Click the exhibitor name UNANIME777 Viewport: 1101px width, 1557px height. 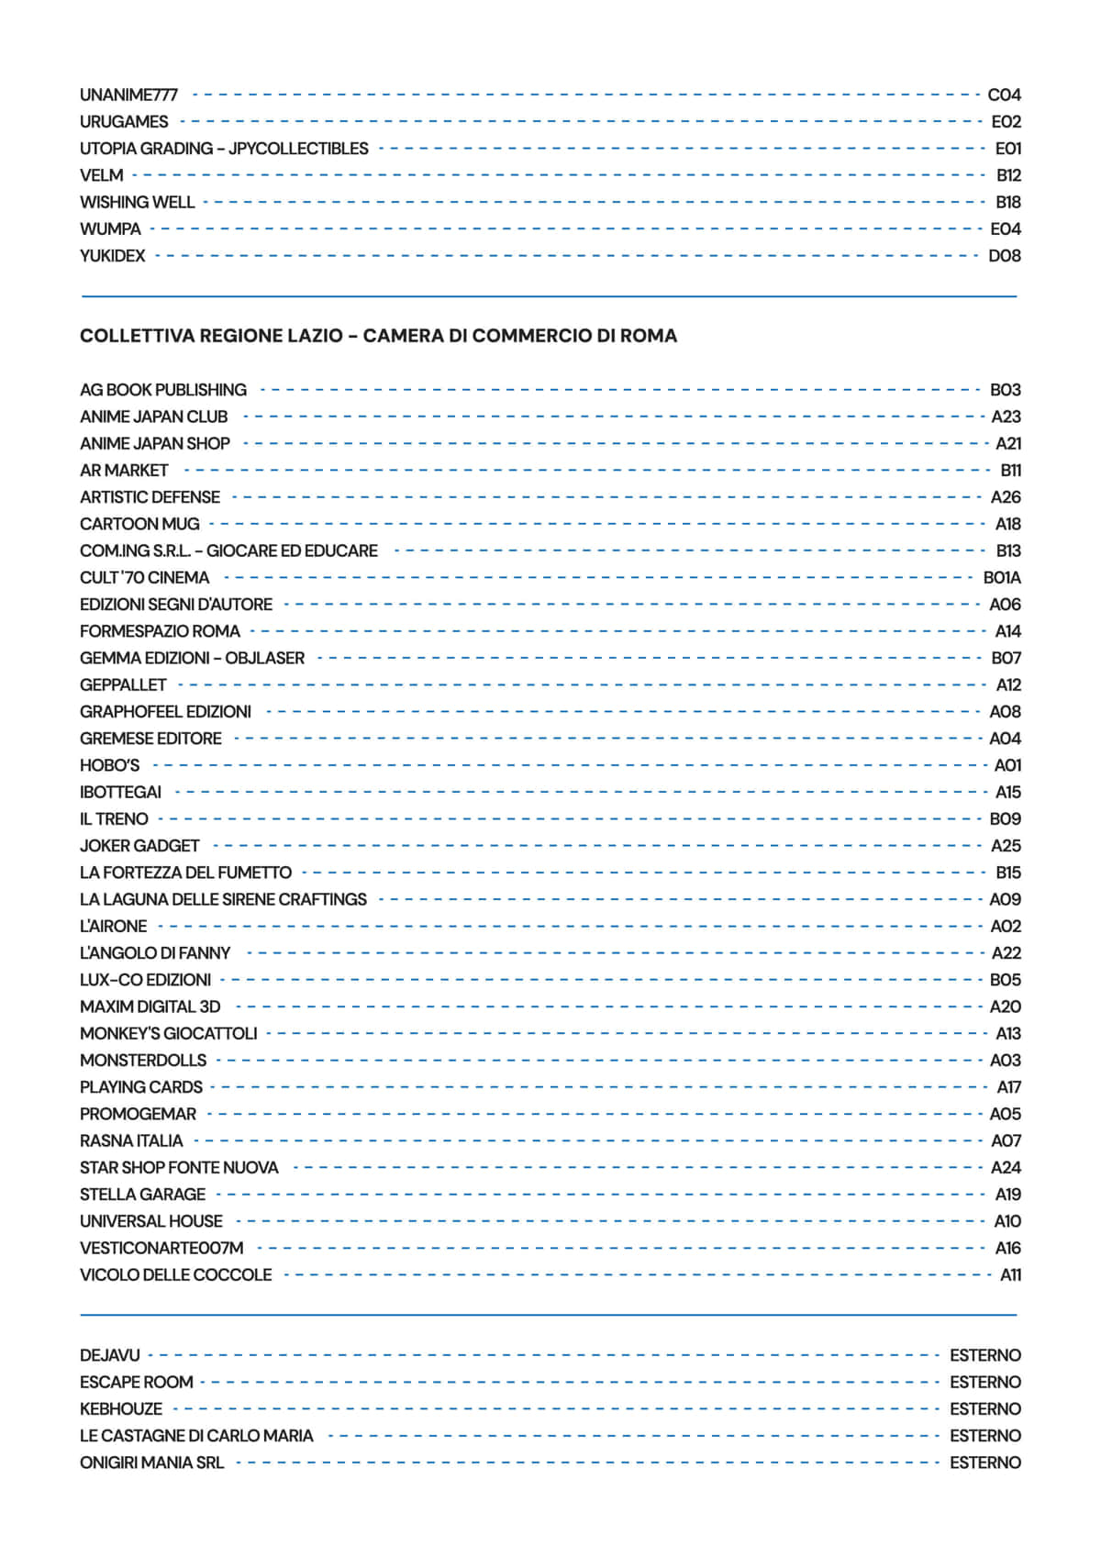[128, 95]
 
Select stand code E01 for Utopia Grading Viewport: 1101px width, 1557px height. [1007, 149]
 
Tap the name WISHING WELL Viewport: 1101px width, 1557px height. [137, 202]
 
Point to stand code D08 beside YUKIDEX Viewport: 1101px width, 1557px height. [1004, 256]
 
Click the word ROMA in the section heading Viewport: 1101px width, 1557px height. [648, 336]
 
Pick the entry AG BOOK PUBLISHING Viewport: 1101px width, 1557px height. [162, 390]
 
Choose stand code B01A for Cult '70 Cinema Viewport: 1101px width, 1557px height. [1001, 578]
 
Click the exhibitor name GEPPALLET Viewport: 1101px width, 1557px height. [123, 685]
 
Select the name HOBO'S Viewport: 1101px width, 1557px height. [109, 765]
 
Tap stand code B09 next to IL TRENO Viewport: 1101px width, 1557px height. [1005, 819]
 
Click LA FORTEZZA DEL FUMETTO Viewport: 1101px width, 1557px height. [185, 873]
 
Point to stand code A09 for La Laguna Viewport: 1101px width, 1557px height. [1005, 900]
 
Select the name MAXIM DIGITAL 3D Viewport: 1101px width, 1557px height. [150, 1006]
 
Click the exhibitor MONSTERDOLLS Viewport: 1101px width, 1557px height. [142, 1061]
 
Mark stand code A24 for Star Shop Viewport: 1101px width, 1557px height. [1006, 1168]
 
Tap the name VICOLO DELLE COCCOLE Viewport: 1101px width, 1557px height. [175, 1275]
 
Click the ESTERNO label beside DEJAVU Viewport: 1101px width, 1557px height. [984, 1355]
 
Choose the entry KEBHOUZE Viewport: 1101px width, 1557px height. [120, 1409]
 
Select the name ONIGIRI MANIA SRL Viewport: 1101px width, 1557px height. [151, 1462]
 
